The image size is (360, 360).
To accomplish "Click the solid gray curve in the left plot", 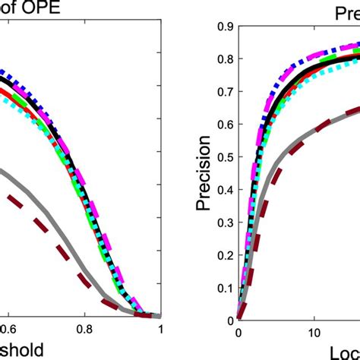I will tap(46, 220).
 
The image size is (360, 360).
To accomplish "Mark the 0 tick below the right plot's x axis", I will tap(238, 332).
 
